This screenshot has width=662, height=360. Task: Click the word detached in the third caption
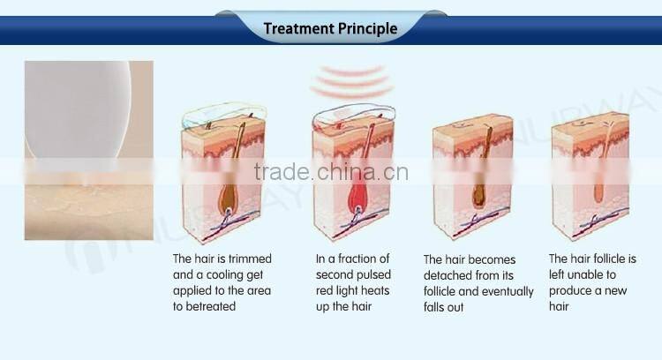coord(446,275)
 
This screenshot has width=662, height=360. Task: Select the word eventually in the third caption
coord(507,291)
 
